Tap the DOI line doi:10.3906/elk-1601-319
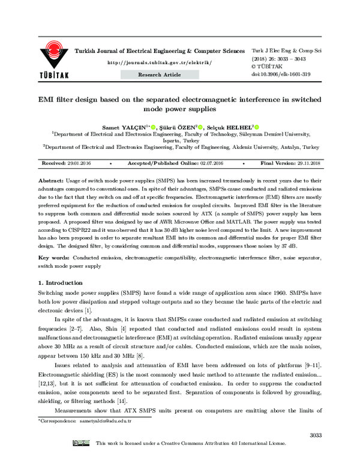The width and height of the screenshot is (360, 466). (x=280, y=74)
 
